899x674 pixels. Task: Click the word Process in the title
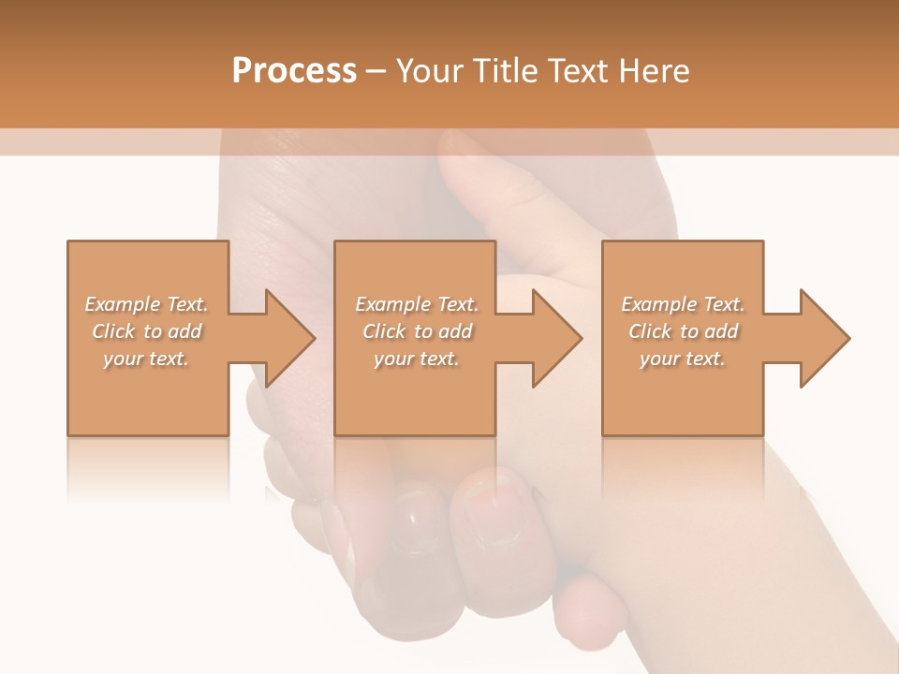click(294, 71)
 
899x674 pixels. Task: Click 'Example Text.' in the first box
click(147, 304)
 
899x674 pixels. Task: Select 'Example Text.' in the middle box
click(417, 304)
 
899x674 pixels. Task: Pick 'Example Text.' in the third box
click(683, 304)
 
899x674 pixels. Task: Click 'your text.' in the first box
click(146, 359)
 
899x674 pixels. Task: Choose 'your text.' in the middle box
click(416, 359)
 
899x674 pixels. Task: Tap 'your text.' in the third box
click(683, 359)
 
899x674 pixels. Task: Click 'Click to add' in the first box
click(147, 331)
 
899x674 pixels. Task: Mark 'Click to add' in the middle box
click(417, 331)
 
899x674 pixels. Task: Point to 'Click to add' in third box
click(684, 331)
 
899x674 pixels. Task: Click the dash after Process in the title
click(376, 72)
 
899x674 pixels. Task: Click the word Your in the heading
click(432, 71)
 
